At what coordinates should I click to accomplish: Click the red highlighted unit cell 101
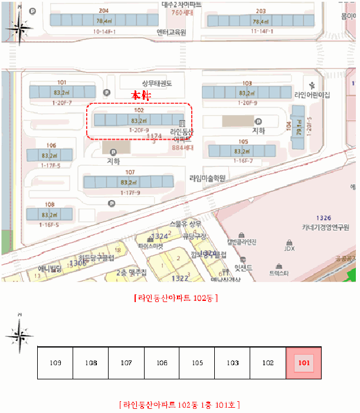[x=303, y=363]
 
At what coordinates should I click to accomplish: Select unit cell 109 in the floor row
[x=55, y=363]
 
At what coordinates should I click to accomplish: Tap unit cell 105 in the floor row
[x=197, y=363]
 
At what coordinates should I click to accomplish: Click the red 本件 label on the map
[x=142, y=94]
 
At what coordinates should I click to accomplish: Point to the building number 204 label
[x=104, y=11]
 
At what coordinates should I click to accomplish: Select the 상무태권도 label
[x=156, y=84]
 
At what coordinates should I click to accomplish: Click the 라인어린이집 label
[x=312, y=95]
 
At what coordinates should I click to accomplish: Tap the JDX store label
[x=289, y=248]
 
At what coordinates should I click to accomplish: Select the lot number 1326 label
[x=324, y=218]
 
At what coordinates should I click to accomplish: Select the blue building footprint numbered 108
[x=50, y=215]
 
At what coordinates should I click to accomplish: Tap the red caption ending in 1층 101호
[x=179, y=405]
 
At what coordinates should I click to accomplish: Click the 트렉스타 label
[x=279, y=274]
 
